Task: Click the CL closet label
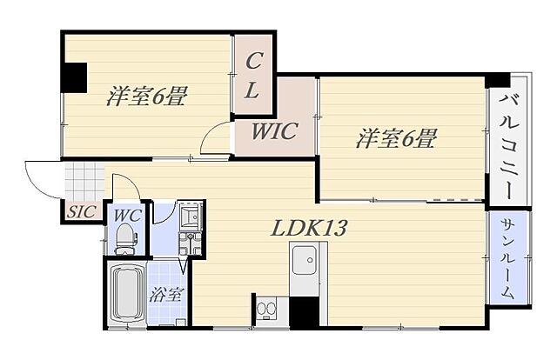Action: [x=252, y=76]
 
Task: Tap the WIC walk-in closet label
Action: [x=274, y=131]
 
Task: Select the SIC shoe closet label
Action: [x=81, y=212]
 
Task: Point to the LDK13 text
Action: [x=308, y=229]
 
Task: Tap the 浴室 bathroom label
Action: [x=166, y=294]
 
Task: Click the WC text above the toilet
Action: [x=127, y=215]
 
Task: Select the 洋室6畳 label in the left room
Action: [x=146, y=96]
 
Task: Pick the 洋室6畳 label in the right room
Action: [x=396, y=138]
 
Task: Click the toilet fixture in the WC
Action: [x=125, y=239]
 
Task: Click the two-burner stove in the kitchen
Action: [x=266, y=309]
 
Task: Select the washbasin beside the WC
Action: [x=190, y=215]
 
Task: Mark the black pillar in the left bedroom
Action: [x=73, y=77]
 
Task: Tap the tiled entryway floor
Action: [x=84, y=182]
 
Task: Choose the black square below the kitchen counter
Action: [x=304, y=311]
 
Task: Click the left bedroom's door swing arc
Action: [x=210, y=132]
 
